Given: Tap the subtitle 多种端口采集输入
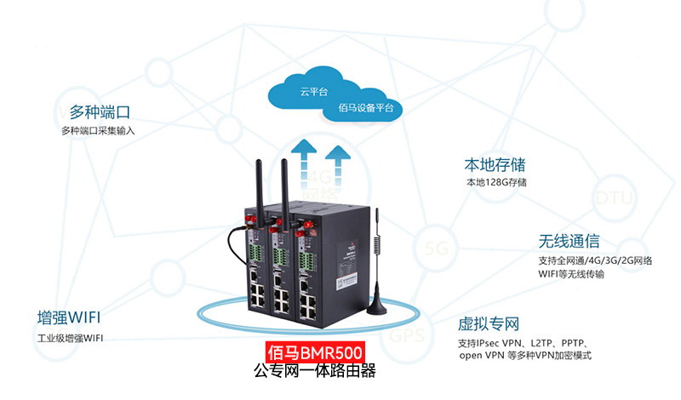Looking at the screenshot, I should (98, 131).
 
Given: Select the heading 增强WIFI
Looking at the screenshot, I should (69, 318).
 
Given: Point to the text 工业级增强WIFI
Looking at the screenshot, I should (70, 338).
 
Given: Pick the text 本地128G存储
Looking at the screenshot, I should (496, 182).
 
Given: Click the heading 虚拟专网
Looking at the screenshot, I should (489, 323).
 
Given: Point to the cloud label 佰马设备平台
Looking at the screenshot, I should (365, 108).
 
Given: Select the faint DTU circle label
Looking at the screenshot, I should (614, 198).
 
